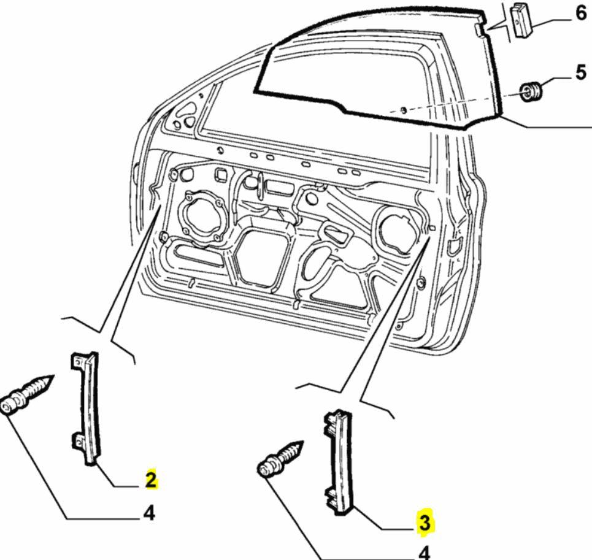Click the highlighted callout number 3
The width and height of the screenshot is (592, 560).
pos(425,523)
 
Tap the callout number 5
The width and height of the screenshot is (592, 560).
pos(580,72)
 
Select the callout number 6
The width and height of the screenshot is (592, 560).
pos(580,13)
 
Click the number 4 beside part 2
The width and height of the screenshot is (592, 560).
pos(148,512)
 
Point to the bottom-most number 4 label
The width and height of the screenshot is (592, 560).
pos(424,552)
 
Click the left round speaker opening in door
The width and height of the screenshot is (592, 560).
pos(201,218)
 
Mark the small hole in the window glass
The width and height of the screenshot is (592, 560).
pos(402,110)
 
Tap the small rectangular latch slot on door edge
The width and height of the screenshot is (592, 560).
pos(454,247)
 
